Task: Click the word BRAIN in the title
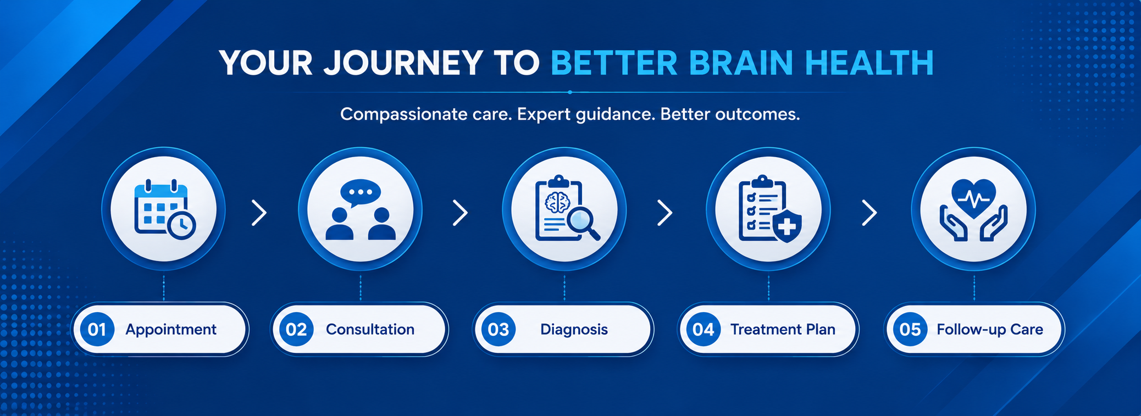[740, 63]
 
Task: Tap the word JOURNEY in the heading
[403, 63]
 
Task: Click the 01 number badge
[97, 329]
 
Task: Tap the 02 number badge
[296, 329]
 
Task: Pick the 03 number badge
[499, 329]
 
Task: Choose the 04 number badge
[704, 329]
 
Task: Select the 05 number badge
[910, 329]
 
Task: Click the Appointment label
[171, 330]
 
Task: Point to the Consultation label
[370, 329]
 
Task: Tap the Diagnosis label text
[574, 330]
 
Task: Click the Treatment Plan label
[783, 329]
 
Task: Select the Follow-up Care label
[990, 330]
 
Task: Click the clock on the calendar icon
[181, 225]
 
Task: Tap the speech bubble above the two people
[360, 193]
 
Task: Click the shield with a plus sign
[786, 225]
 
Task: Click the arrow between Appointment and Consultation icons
[259, 213]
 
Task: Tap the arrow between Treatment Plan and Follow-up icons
[869, 213]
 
